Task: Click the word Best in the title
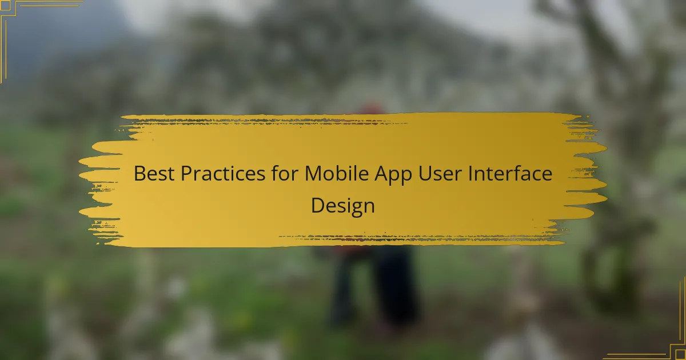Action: pos(154,173)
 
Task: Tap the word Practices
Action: pos(223,173)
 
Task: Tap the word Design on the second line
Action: pos(342,206)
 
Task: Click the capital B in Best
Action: pos(139,174)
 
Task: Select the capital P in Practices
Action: pos(186,174)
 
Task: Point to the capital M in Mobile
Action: pos(313,174)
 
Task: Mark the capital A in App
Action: pos(382,174)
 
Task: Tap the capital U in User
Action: pos(425,174)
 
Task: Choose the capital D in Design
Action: pos(318,205)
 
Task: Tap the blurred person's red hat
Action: pos(372,109)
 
